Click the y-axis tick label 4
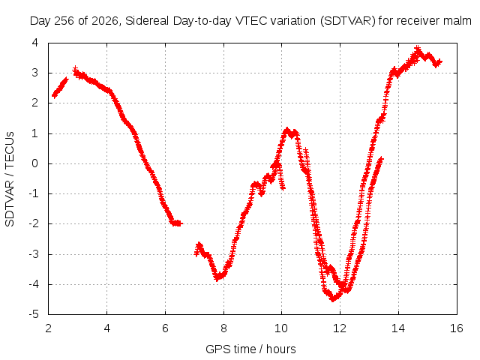coord(35,43)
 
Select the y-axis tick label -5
coord(34,314)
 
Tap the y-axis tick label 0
coord(35,163)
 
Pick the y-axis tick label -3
coord(34,254)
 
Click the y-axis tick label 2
coord(35,103)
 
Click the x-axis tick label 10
coord(281,328)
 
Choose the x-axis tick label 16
coord(457,328)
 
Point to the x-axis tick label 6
coord(165,328)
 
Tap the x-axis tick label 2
coord(48,328)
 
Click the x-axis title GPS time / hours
coord(250,349)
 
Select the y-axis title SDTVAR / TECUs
coord(10,179)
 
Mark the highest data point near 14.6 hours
coord(418,49)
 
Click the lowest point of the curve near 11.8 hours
coord(333,298)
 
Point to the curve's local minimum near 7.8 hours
coord(217,278)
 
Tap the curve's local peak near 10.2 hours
coord(286,130)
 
